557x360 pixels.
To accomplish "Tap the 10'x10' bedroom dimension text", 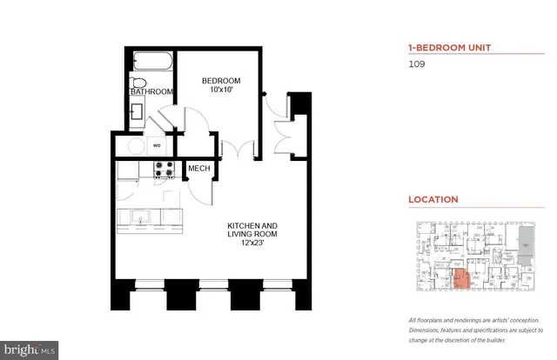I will tap(221, 91).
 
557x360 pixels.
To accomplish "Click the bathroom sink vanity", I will tap(138, 111).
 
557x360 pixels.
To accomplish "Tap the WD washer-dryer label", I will tap(158, 145).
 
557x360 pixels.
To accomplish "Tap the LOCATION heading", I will tap(433, 199).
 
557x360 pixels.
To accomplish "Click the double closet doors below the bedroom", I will tap(231, 149).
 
